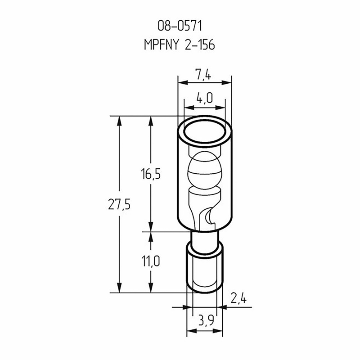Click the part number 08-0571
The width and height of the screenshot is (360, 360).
[x=180, y=26]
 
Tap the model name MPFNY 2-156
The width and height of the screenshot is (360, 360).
[x=179, y=44]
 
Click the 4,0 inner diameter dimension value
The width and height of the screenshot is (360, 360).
[x=205, y=98]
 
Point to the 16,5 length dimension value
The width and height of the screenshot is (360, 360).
[x=151, y=174]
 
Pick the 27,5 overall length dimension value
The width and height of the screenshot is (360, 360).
[x=119, y=204]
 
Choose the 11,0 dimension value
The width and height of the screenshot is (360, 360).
[x=151, y=261]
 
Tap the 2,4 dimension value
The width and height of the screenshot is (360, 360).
[x=238, y=299]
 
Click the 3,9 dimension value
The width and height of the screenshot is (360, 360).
[x=206, y=320]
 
